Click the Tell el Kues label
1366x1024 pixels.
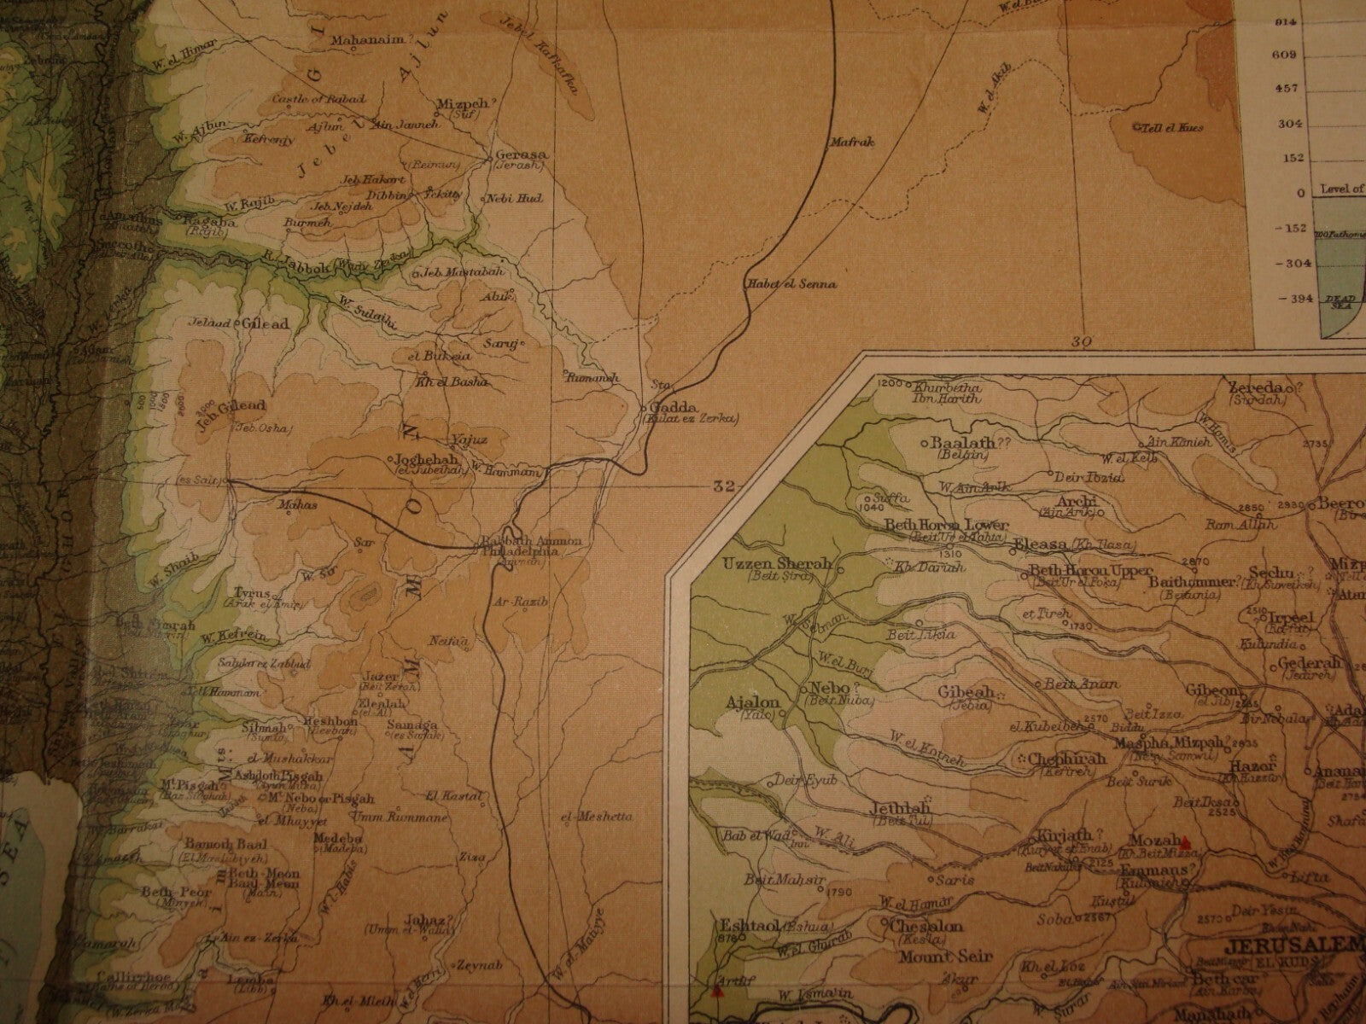pos(1169,127)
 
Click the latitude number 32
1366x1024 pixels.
pos(725,486)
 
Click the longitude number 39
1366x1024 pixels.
pos(1083,341)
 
